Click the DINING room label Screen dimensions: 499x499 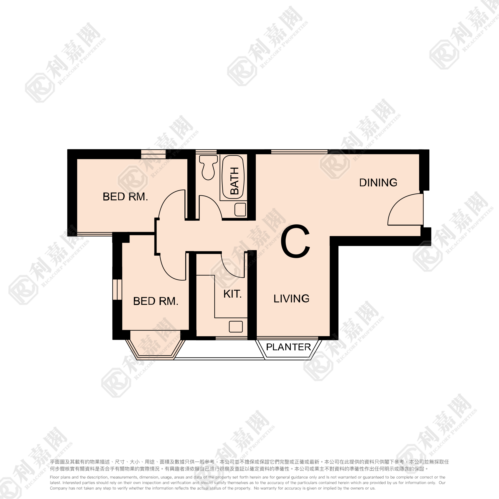(378, 183)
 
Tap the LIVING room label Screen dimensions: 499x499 (291, 298)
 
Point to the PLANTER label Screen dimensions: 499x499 (289, 347)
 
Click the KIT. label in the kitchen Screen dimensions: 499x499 (232, 294)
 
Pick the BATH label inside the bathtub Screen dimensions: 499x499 (234, 181)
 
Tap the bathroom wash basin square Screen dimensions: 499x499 (240, 209)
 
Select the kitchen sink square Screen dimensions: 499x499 (236, 327)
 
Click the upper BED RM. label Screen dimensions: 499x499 (125, 197)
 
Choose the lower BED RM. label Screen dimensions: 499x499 (156, 301)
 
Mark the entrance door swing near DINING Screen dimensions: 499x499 (395, 204)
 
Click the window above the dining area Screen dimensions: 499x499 (299, 152)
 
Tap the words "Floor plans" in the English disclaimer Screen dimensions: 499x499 (59, 477)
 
